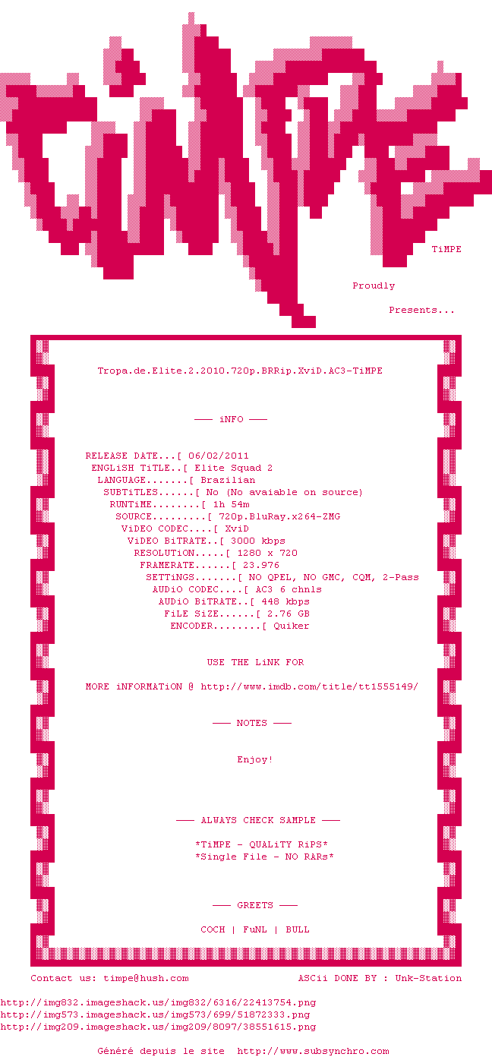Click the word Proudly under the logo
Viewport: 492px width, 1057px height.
(x=374, y=286)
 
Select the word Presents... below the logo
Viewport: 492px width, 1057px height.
(x=421, y=310)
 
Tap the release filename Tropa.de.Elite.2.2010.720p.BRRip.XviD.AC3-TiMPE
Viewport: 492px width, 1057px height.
(x=240, y=371)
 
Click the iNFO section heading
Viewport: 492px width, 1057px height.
(x=231, y=419)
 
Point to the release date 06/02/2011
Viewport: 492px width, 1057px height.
(x=219, y=456)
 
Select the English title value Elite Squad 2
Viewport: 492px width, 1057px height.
(x=234, y=468)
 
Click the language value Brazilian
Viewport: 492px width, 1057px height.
(x=228, y=480)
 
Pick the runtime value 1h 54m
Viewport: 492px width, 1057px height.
(x=231, y=504)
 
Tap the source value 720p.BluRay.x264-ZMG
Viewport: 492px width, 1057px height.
(x=279, y=516)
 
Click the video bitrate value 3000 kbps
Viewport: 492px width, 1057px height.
(x=258, y=541)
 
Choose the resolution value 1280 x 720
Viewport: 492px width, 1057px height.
(x=267, y=553)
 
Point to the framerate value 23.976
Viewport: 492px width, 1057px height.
(x=261, y=565)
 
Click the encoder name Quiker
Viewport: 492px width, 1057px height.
(x=291, y=626)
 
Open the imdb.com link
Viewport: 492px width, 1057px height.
(x=310, y=686)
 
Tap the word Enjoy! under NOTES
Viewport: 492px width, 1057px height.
(x=254, y=759)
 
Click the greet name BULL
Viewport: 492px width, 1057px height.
(x=298, y=929)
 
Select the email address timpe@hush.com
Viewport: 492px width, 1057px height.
(x=146, y=978)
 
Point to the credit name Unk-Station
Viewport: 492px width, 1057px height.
(x=428, y=978)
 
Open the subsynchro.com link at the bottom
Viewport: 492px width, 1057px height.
(x=313, y=1051)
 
